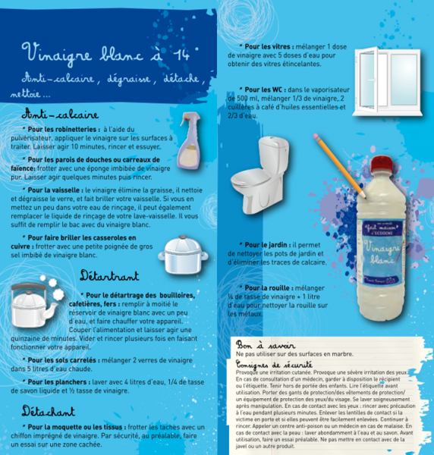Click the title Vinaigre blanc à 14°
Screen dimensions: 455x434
click(x=110, y=55)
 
